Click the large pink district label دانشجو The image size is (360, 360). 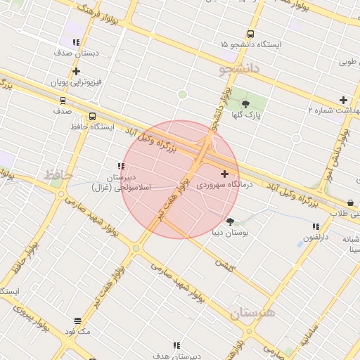coord(239,69)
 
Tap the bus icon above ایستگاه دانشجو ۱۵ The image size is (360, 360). coord(251,34)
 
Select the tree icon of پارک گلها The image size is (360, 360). coord(245,104)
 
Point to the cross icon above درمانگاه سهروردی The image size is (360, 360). coord(224,174)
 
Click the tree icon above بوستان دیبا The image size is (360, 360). coord(230,221)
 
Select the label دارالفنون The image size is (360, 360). coord(316,238)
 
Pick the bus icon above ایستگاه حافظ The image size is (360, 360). coord(93,117)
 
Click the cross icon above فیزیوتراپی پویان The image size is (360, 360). coord(76,71)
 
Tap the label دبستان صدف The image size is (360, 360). coord(77,53)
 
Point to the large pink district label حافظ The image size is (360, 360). coord(59,174)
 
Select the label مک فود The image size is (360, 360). coord(77,331)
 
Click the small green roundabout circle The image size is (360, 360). coord(183,94)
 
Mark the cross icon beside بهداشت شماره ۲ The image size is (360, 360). coord(343,100)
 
